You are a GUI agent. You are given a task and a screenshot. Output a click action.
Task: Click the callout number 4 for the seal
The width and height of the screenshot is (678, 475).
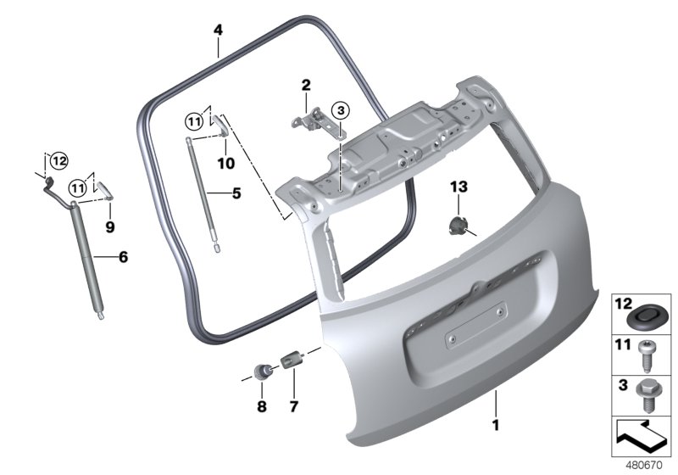[x=218, y=31]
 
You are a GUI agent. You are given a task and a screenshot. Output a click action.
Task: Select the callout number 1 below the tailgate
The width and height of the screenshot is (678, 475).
[x=496, y=425]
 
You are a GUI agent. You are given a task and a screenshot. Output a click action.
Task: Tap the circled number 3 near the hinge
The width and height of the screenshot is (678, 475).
[x=341, y=111]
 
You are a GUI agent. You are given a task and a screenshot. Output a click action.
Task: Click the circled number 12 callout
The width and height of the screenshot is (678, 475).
[x=59, y=161]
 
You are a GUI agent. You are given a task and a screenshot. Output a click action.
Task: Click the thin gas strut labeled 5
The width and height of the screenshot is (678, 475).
[x=203, y=193]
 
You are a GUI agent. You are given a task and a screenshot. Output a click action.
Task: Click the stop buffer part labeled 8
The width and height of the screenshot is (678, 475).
[x=263, y=372]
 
